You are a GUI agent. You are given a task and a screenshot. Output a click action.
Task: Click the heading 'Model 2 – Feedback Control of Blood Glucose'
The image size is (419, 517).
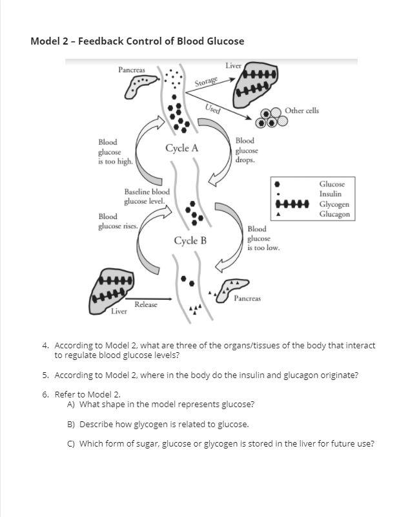137,41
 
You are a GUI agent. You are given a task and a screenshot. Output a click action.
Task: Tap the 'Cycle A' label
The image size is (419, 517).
181,148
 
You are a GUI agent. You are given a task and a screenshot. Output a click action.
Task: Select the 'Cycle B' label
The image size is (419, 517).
190,241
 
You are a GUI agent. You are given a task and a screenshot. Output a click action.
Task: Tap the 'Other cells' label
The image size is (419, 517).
301,111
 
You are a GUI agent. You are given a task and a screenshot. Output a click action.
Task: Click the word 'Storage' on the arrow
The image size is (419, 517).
207,82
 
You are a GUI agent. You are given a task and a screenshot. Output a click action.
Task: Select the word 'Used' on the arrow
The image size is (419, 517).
212,109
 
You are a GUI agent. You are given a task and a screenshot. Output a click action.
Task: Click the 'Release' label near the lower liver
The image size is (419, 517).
145,304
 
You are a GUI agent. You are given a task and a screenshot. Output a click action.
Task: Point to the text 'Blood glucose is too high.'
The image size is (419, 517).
115,152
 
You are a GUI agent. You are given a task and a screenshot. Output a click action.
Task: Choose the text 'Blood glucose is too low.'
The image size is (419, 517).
263,238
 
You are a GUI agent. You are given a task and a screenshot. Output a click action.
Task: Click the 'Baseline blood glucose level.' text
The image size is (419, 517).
148,196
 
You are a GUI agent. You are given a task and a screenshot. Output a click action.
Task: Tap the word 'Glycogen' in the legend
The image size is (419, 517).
334,204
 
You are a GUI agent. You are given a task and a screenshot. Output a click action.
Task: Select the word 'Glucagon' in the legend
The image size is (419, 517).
334,214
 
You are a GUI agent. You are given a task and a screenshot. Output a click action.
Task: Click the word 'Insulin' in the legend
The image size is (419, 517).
330,194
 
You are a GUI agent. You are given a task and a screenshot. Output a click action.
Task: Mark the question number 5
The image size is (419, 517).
46,375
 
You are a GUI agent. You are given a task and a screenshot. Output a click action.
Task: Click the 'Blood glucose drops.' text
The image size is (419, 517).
245,150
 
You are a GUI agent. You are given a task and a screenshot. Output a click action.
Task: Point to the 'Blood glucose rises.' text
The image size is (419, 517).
117,221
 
